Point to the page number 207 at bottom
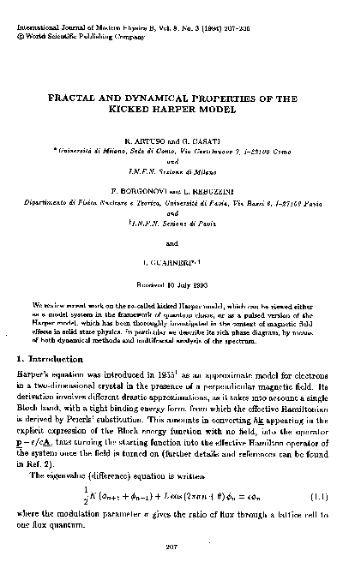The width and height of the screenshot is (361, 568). click(x=180, y=541)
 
